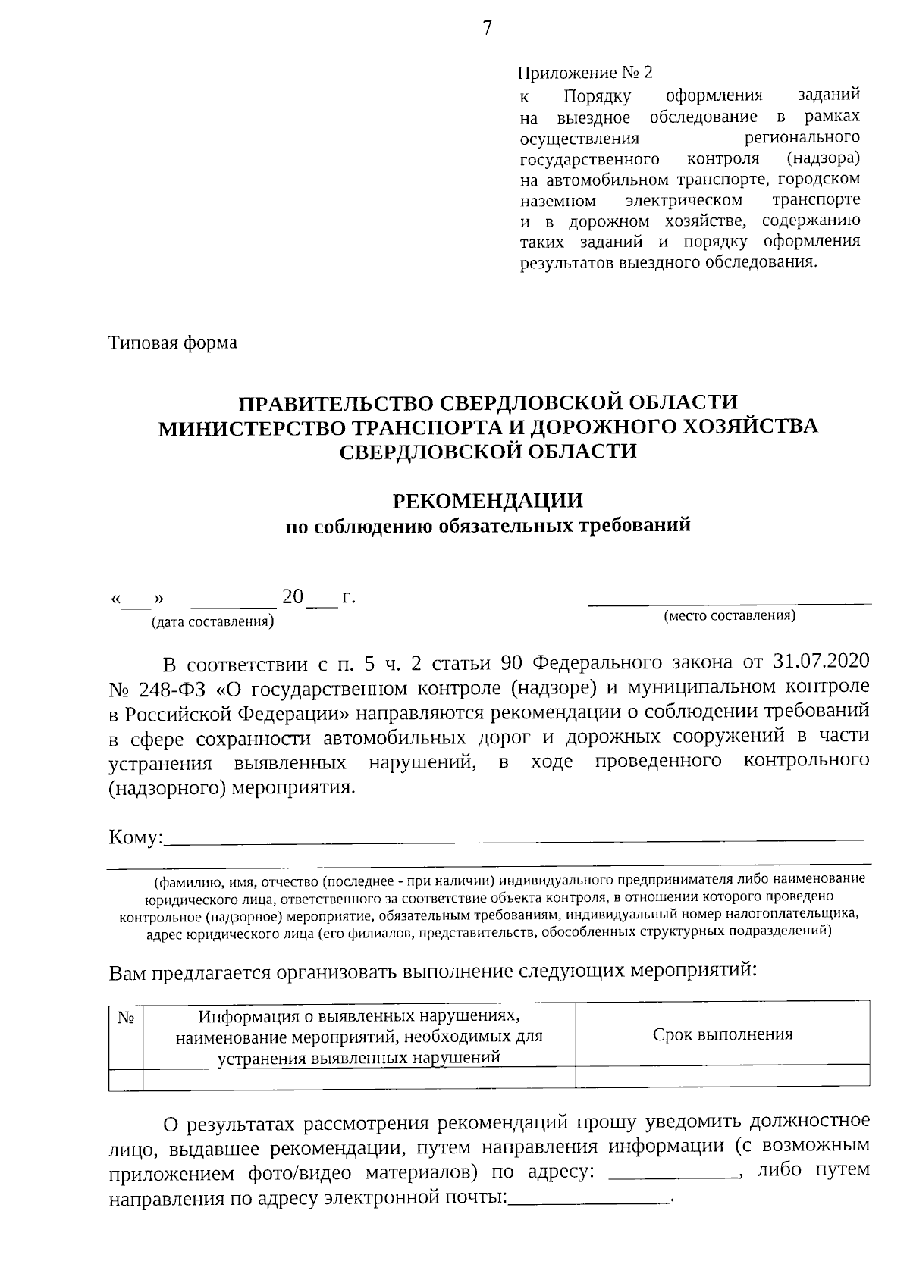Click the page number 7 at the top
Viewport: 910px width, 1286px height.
point(487,29)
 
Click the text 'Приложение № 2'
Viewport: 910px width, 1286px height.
point(585,73)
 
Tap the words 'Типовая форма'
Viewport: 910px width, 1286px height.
point(173,343)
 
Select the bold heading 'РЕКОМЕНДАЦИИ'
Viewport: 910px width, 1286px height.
point(488,500)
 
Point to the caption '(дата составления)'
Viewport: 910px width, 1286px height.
point(212,622)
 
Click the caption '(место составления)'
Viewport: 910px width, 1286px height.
point(730,615)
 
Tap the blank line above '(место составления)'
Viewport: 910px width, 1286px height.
point(730,603)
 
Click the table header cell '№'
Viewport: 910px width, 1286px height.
point(126,1018)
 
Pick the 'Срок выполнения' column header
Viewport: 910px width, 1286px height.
point(723,1034)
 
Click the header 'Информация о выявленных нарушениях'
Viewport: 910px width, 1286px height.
point(359,1015)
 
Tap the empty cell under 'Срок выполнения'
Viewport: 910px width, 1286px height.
point(723,1076)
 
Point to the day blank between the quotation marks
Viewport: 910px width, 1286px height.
point(137,602)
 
